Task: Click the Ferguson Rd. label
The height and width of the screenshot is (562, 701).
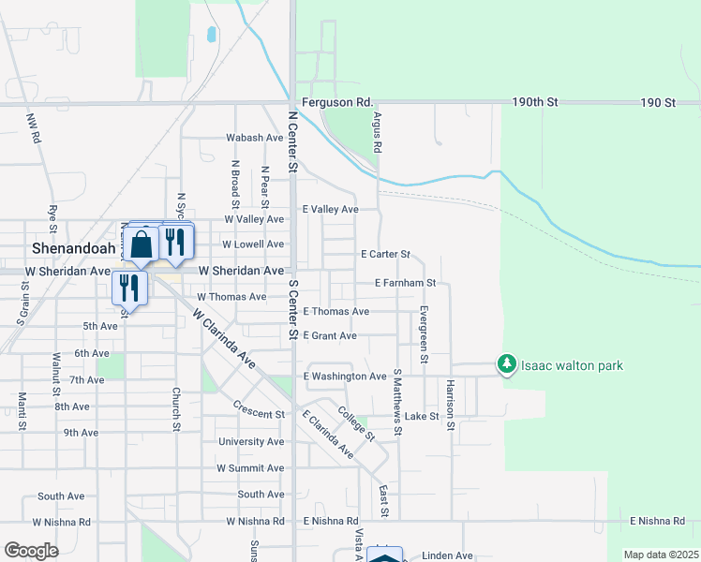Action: click(x=337, y=102)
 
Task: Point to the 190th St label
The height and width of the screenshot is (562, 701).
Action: click(x=534, y=102)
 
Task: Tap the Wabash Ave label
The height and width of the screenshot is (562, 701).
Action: click(x=254, y=138)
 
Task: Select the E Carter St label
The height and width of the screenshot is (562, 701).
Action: click(x=385, y=254)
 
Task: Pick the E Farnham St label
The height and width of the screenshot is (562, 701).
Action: click(x=405, y=282)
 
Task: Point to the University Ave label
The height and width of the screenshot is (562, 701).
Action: click(x=250, y=441)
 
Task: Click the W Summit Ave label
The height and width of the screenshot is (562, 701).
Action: click(x=249, y=467)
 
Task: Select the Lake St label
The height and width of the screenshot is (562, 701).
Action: click(x=422, y=416)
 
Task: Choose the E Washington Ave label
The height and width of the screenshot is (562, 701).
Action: click(x=345, y=377)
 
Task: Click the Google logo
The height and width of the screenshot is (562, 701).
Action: click(x=31, y=551)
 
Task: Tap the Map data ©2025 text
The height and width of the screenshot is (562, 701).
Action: click(x=660, y=555)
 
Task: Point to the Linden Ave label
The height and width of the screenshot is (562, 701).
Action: click(x=447, y=555)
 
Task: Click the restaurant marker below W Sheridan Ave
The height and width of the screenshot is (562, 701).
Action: click(x=129, y=287)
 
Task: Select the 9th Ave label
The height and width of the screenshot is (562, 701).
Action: click(x=81, y=433)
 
